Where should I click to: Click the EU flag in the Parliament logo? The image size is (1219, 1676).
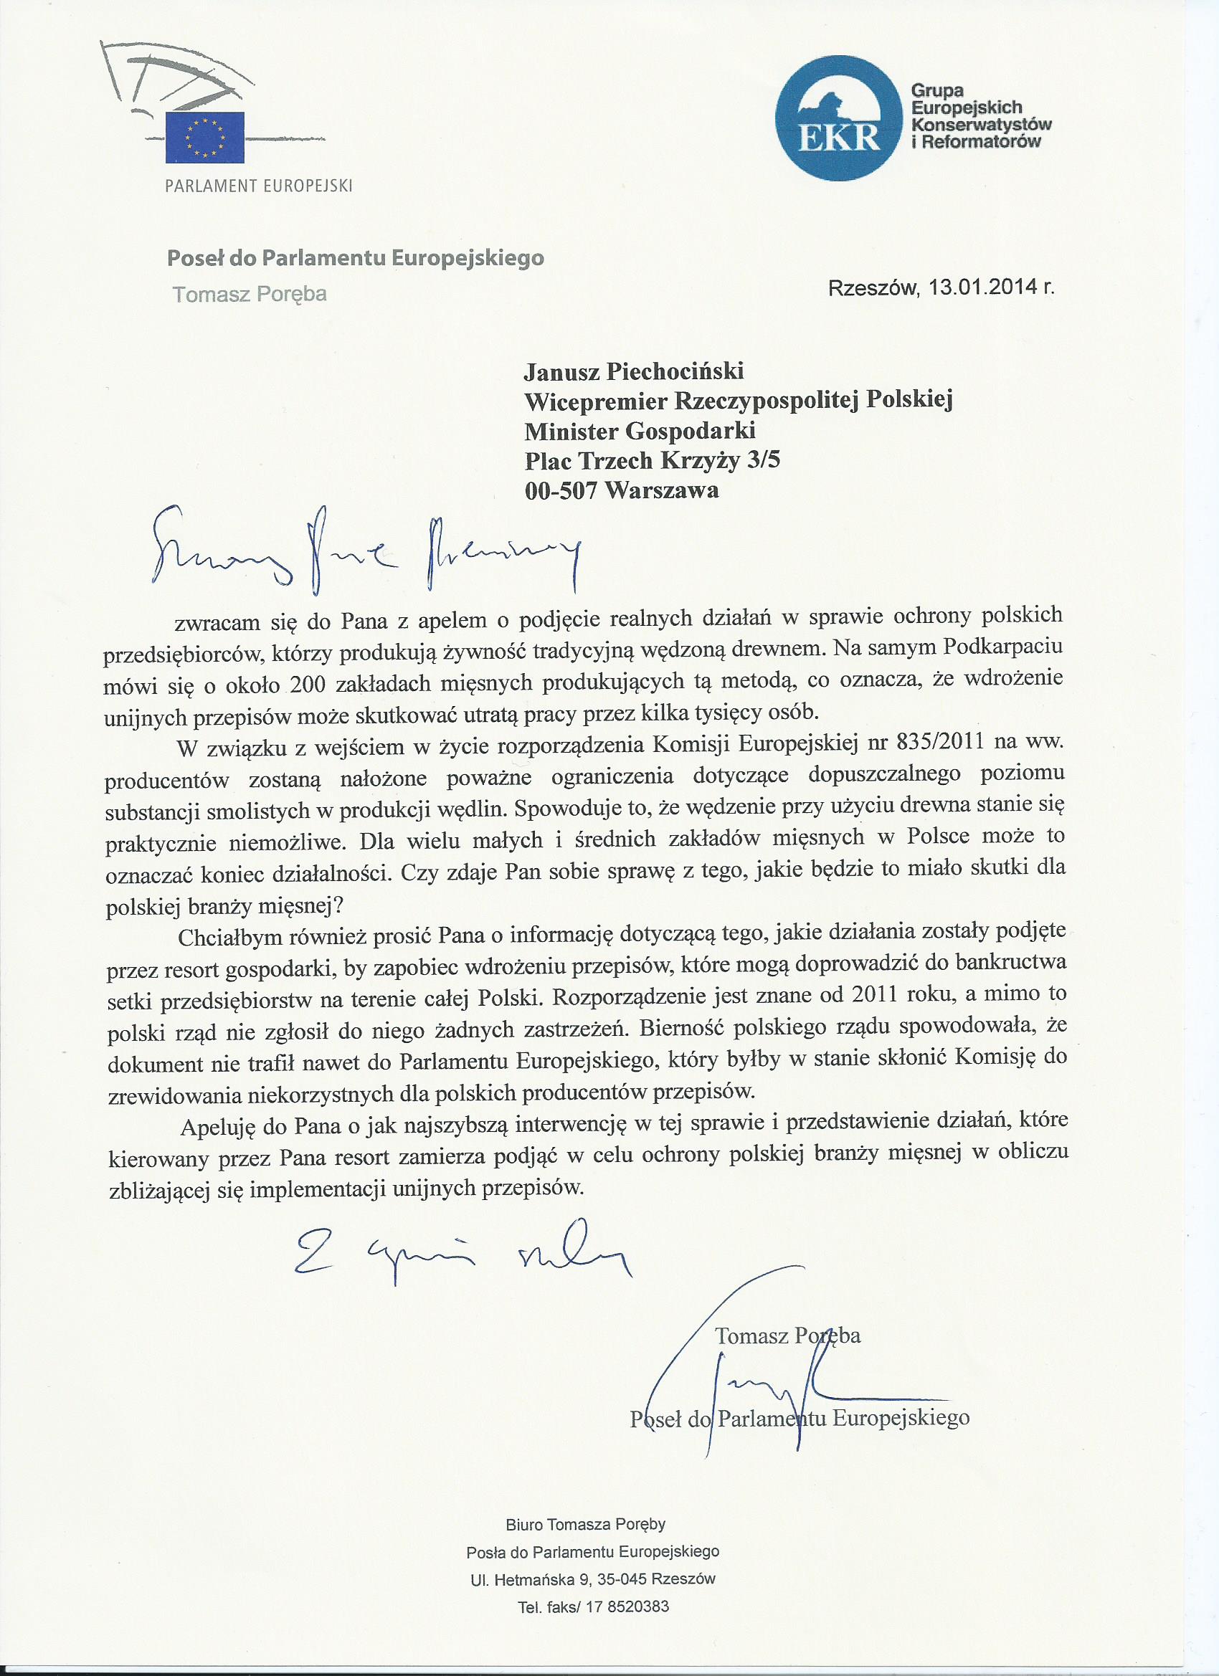click(205, 137)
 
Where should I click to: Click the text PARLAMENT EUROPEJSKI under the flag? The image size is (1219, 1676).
click(259, 186)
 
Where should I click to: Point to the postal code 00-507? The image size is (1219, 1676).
click(560, 490)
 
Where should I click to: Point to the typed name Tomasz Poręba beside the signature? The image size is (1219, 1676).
click(787, 1336)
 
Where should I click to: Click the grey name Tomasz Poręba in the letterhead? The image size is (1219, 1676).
click(250, 294)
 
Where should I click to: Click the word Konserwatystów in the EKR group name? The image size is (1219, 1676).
click(982, 125)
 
